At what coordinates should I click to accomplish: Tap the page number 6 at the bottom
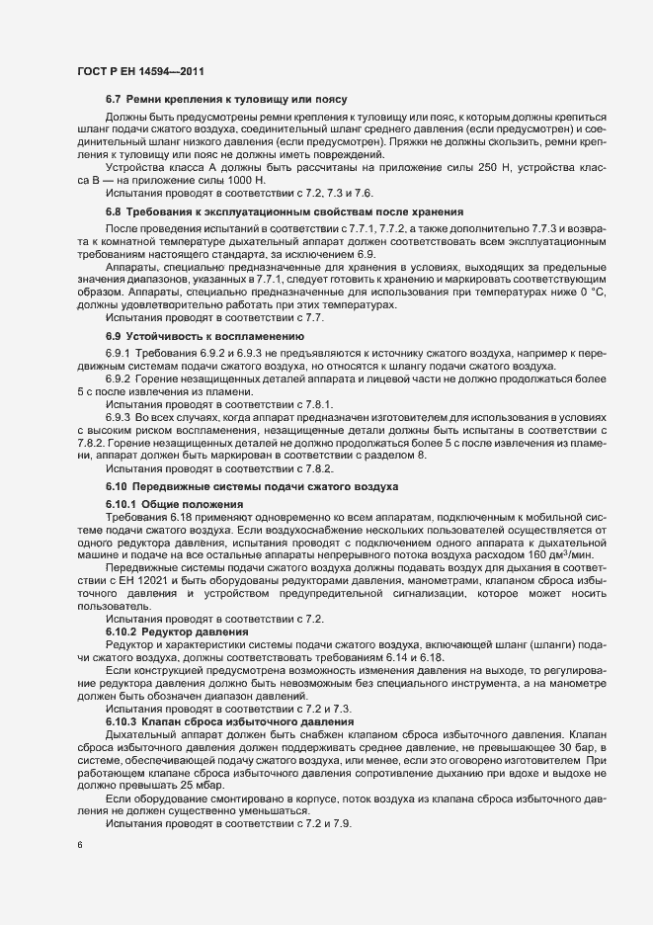pyautogui.click(x=79, y=846)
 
